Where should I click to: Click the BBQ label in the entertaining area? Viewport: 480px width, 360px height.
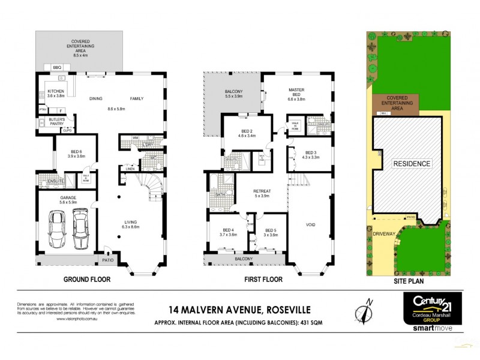point(58,67)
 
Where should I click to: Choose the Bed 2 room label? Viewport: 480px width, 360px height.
point(246,133)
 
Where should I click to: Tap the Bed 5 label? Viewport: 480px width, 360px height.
point(271,232)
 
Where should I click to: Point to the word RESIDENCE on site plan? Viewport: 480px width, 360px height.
point(411,163)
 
